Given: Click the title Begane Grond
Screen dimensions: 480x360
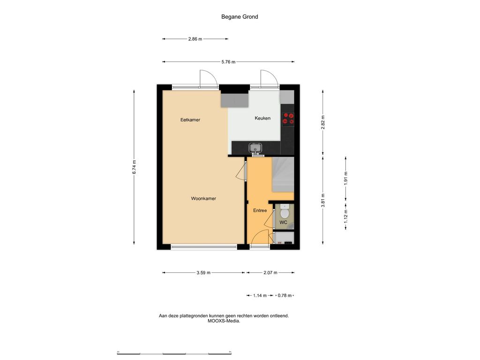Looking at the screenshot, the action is point(240,17).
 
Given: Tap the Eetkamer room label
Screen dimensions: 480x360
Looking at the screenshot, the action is point(190,120).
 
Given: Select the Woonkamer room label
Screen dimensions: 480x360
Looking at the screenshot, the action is point(203,198).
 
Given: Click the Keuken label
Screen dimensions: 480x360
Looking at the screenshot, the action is point(262,118).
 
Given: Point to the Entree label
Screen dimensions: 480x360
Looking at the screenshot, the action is point(260,210).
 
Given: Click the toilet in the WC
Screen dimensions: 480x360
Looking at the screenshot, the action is point(285,210).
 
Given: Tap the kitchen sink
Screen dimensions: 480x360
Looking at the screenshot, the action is point(255,148).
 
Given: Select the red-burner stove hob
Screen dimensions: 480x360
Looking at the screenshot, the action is point(288,119).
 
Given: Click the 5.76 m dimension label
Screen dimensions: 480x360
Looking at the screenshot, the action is point(228,62).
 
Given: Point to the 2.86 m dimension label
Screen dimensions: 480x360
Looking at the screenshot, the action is point(195,39).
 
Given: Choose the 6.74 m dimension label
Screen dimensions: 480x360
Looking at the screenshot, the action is point(134,167).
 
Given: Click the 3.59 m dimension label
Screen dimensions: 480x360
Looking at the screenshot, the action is point(203,272).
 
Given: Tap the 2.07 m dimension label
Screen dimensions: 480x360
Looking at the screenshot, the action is point(270,272).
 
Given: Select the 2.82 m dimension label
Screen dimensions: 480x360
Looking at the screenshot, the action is point(323,122).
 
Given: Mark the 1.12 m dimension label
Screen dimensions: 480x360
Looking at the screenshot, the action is point(345,216).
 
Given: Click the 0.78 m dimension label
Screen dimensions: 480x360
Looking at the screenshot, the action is point(285,295).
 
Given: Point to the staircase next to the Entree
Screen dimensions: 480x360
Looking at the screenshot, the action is point(283,174).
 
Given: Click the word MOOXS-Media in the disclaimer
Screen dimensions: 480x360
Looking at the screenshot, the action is point(224,321).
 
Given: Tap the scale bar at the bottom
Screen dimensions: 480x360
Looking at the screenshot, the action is point(174,353).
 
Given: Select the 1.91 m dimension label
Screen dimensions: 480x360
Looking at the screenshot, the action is point(345,178).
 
